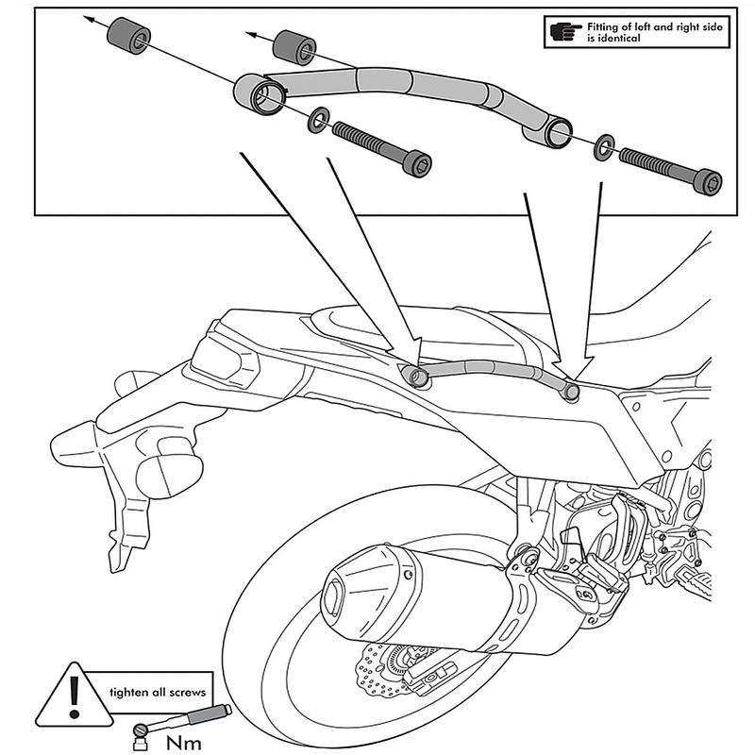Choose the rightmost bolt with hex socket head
[x=674, y=173]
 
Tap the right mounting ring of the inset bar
[x=558, y=133]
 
